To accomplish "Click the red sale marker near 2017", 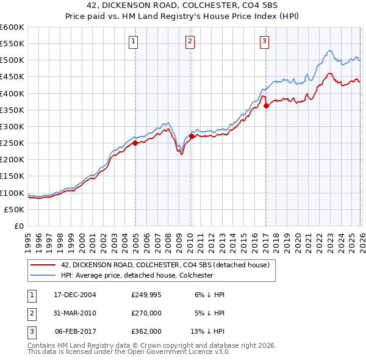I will (266, 106).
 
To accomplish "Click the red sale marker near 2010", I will (192, 137).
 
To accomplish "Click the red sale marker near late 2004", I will (135, 143).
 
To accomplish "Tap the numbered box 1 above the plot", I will (133, 41).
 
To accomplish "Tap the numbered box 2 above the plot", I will (190, 41).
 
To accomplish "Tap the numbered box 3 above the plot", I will (264, 41).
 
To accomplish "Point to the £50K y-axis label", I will (15, 209).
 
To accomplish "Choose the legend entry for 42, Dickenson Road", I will (160, 265).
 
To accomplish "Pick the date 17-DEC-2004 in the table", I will (75, 294).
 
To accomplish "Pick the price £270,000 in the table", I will (146, 313).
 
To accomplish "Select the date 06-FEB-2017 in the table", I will (75, 332).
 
